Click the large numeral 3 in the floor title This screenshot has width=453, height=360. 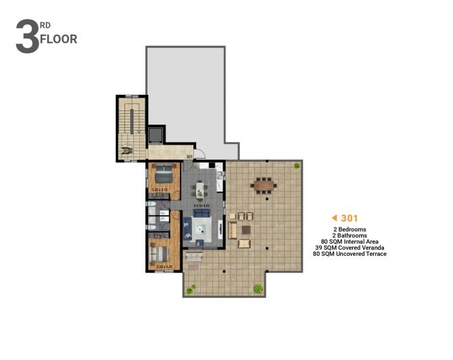27,37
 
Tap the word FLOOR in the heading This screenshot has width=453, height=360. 59,39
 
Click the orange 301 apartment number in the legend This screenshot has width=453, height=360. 350,219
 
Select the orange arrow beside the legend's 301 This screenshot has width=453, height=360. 334,219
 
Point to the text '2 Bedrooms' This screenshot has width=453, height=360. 350,229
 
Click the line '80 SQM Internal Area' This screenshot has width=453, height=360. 350,242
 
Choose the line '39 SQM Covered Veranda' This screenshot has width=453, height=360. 350,248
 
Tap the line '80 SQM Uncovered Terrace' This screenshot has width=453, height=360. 350,254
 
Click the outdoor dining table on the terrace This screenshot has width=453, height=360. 263,183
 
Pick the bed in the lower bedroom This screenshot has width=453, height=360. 160,252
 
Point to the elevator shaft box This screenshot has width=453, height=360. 156,134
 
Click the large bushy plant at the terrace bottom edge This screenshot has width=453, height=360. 258,288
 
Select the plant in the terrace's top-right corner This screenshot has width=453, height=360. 297,165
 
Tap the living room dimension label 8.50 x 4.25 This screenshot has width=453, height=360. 201,204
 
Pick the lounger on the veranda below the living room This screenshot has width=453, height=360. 194,258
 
